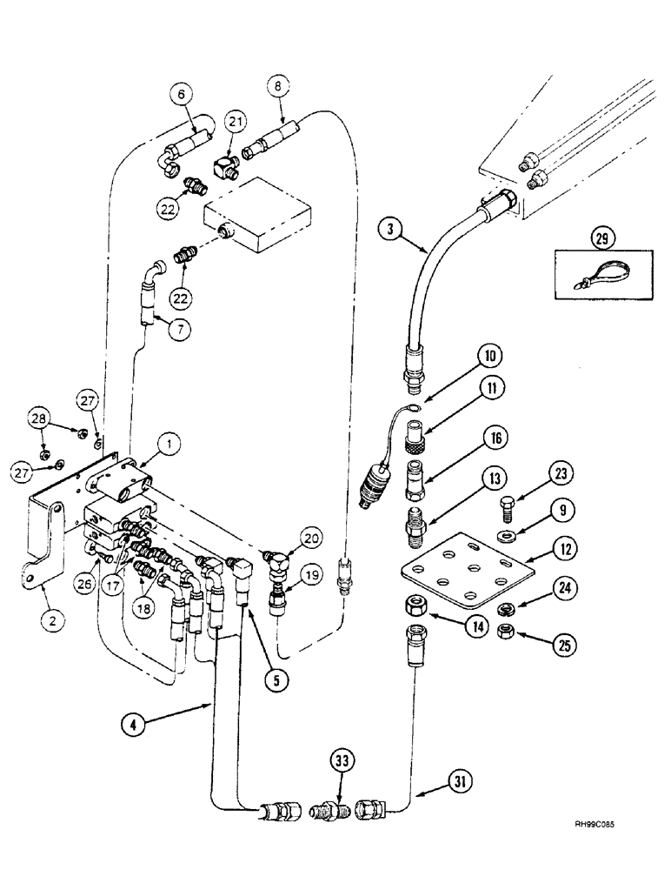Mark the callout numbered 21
[x=235, y=120]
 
